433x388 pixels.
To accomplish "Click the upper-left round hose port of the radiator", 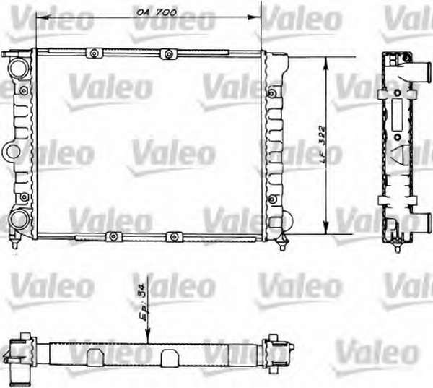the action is [19, 68].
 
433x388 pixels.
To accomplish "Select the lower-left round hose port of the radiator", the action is [19, 220].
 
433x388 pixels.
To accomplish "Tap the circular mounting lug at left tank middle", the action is [13, 152].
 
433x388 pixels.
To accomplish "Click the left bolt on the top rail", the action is [94, 53].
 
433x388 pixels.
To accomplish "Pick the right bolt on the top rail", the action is [168, 53].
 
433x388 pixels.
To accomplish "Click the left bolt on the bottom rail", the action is [113, 236].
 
